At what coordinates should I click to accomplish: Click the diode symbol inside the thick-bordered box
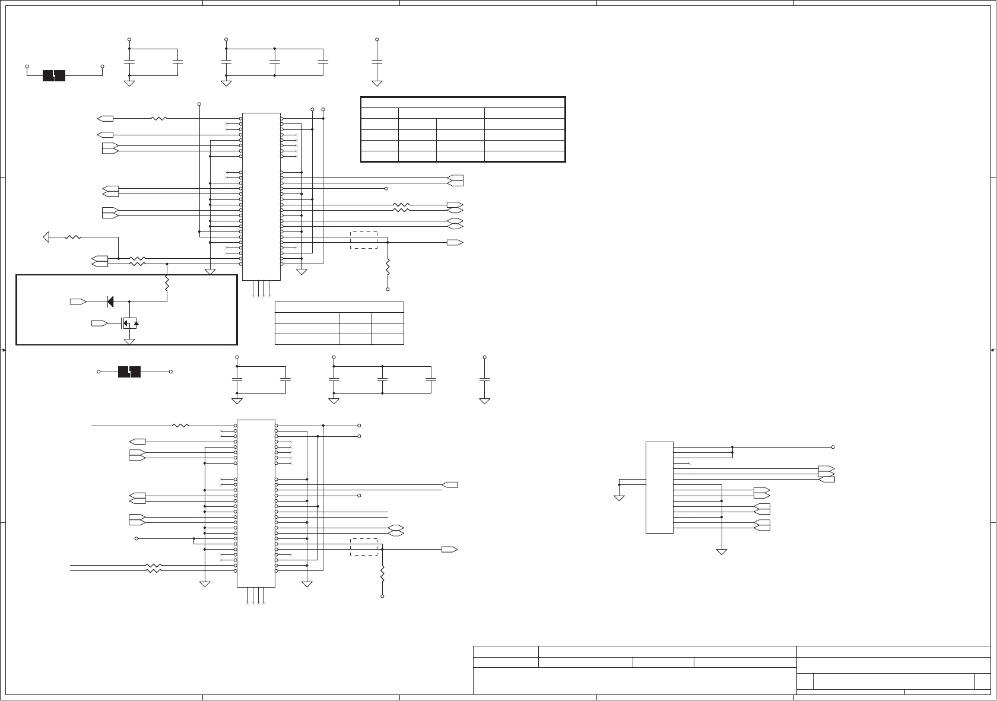(x=110, y=302)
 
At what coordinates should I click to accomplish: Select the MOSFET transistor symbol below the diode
(x=129, y=323)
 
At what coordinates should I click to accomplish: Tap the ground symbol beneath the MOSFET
(x=129, y=341)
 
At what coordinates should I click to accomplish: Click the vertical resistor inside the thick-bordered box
(x=167, y=284)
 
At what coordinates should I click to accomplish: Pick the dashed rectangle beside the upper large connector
(x=364, y=240)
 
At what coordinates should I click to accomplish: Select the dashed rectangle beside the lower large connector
(x=364, y=547)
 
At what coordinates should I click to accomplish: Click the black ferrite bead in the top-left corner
(x=54, y=75)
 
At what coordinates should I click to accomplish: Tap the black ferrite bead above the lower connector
(x=129, y=372)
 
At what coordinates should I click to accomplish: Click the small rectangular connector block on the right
(x=659, y=487)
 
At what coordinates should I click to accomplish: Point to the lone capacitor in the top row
(x=377, y=61)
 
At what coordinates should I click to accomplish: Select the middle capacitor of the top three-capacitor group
(x=275, y=61)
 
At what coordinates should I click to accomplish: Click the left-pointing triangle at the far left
(x=46, y=237)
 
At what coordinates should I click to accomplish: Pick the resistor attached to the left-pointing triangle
(x=72, y=237)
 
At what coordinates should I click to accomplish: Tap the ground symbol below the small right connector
(x=722, y=551)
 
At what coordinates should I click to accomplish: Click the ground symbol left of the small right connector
(x=619, y=497)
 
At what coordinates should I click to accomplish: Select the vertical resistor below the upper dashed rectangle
(x=388, y=266)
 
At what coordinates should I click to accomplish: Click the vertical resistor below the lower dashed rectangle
(x=382, y=573)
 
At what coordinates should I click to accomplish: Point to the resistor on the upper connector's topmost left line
(x=159, y=119)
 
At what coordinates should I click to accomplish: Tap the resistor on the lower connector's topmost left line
(x=180, y=426)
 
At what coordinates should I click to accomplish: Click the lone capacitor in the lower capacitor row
(x=485, y=379)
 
